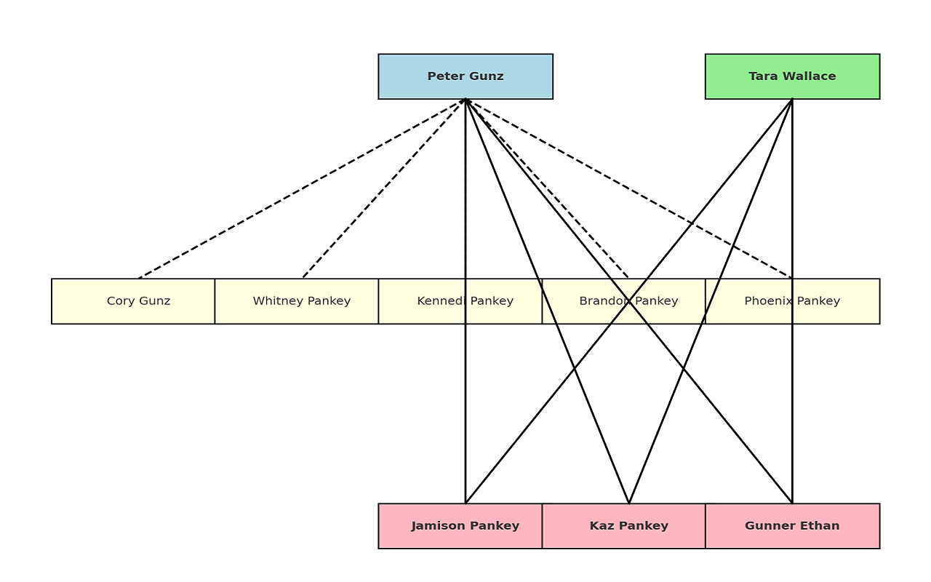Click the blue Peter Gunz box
click(465, 76)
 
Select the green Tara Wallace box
click(792, 76)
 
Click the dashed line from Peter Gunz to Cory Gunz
click(302, 189)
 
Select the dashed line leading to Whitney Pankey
click(384, 188)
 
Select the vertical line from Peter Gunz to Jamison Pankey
click(465, 407)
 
